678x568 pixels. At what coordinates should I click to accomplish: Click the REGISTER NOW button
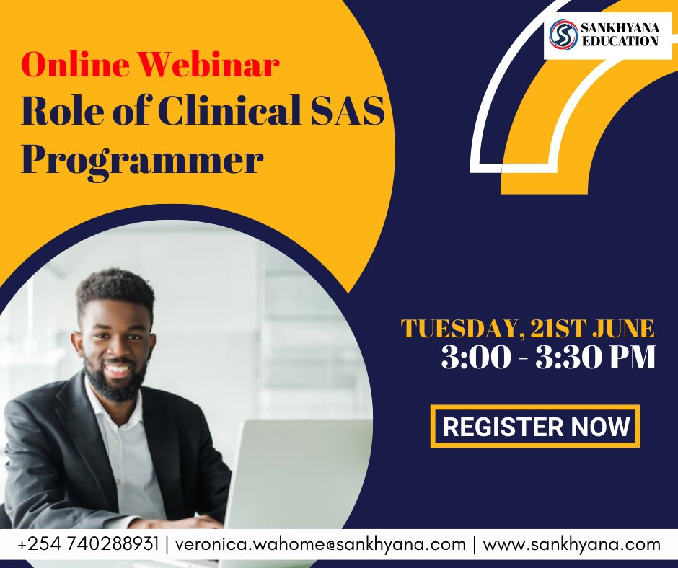point(535,426)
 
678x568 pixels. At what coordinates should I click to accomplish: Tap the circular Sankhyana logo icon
point(563,35)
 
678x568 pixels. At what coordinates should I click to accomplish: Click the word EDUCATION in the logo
point(620,41)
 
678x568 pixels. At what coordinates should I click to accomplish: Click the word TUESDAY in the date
point(457,329)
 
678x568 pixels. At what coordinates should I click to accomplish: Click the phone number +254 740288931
point(87,544)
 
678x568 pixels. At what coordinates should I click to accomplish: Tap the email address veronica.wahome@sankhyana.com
point(320,544)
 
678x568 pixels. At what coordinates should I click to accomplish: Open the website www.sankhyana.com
point(571,544)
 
